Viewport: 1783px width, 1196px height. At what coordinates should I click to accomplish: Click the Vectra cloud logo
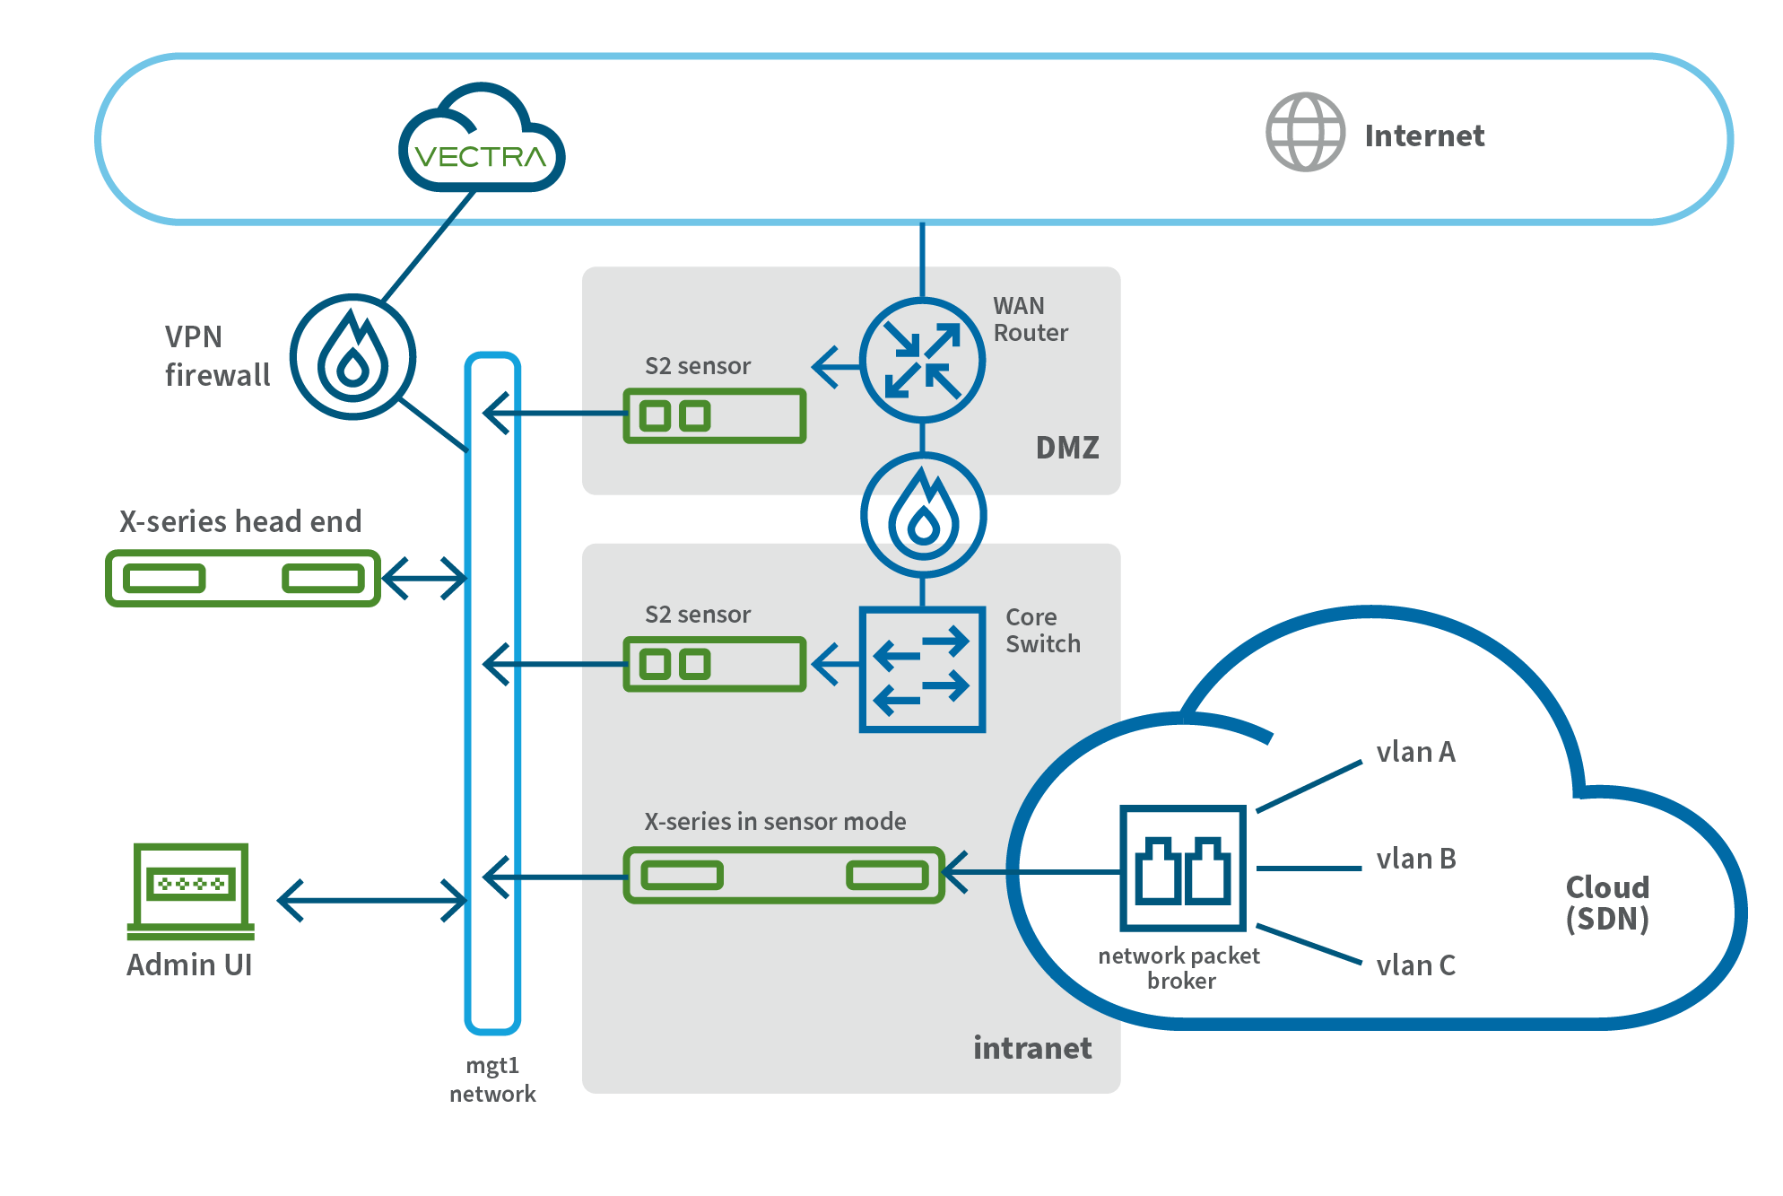click(482, 144)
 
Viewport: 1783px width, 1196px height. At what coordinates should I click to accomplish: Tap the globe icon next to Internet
click(1305, 132)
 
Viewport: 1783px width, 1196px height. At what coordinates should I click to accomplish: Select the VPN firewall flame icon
click(352, 357)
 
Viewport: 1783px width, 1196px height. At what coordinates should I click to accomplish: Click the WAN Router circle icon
click(922, 361)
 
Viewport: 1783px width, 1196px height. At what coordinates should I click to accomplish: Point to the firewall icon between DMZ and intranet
click(923, 515)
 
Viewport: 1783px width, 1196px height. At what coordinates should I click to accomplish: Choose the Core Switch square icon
click(922, 669)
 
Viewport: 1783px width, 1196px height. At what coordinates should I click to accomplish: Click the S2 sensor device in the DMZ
click(715, 415)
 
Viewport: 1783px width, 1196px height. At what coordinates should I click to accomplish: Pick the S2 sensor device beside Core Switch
click(715, 664)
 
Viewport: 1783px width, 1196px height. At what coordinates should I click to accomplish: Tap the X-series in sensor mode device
click(784, 875)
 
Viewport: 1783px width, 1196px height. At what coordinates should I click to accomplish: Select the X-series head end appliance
click(243, 579)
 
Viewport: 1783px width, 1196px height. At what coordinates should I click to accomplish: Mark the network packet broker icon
click(1183, 869)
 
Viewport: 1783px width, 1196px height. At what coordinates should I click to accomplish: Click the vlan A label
click(1415, 752)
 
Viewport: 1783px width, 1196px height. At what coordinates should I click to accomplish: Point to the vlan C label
click(1415, 965)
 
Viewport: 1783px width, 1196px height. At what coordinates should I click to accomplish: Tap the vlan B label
click(1415, 859)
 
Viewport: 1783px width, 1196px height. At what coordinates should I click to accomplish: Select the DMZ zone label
click(1067, 448)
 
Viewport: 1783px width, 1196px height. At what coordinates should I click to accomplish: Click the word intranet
click(1032, 1048)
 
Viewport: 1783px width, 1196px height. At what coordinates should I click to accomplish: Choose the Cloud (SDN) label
click(1607, 903)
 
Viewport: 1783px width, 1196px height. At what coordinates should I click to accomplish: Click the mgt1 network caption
click(492, 1079)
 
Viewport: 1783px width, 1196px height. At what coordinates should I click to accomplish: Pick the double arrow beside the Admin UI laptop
click(371, 900)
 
